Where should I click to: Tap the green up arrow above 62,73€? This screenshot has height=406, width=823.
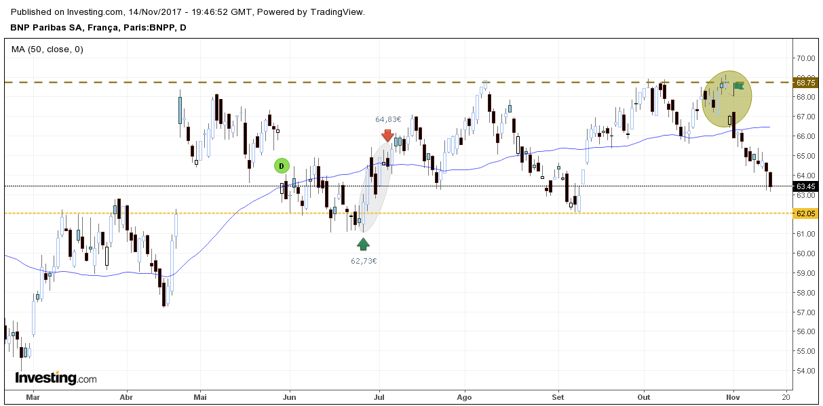364,244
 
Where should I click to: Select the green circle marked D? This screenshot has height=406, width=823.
282,165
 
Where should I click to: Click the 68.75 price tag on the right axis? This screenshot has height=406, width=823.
805,83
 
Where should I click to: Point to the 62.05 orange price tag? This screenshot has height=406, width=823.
805,214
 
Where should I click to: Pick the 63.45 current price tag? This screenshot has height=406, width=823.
805,186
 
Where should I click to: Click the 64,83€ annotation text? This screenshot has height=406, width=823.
388,119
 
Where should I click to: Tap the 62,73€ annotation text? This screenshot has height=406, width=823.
364,260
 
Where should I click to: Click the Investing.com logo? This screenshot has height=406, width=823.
56,378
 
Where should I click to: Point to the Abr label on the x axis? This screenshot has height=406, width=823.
125,397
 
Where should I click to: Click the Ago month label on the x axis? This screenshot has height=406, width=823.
464,397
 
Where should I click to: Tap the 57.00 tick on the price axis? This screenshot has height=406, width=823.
805,312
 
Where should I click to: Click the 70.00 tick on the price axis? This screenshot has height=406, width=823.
805,58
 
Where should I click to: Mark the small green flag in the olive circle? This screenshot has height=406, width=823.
739,85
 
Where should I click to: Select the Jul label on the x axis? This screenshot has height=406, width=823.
379,397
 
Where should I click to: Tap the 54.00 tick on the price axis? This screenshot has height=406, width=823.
805,371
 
